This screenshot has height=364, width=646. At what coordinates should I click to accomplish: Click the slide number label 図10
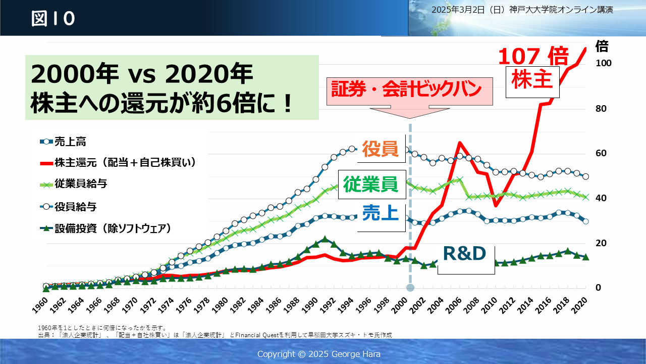click(53, 19)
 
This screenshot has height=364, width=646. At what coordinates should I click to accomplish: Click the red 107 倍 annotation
click(533, 56)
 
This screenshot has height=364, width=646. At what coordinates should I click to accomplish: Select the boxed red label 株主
click(532, 80)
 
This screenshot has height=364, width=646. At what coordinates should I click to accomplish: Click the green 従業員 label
click(371, 184)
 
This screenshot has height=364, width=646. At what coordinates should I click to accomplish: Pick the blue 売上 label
click(381, 213)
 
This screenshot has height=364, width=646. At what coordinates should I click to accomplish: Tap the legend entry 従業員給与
click(81, 184)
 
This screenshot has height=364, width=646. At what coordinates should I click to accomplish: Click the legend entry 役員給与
click(76, 206)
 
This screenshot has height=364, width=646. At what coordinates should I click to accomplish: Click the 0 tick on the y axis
click(598, 288)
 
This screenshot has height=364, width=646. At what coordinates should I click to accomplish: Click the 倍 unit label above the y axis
click(602, 47)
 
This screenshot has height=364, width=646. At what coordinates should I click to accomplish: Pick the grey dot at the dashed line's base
click(410, 288)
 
